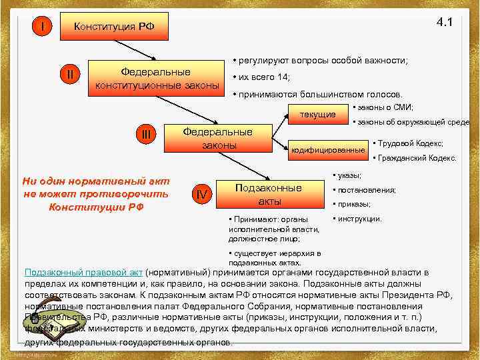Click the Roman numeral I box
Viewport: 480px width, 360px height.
(43, 27)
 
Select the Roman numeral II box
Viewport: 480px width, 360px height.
(71, 74)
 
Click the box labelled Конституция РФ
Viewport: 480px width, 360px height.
(114, 27)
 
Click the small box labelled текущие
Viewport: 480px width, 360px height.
(317, 115)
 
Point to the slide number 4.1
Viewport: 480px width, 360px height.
(444, 22)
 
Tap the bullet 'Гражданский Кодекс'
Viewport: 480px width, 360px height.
(416, 158)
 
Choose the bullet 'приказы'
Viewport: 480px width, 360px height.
(353, 204)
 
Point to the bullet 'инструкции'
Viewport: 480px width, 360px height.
(358, 219)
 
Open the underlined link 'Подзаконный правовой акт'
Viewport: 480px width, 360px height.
(84, 272)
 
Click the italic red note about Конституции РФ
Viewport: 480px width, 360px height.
(96, 193)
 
